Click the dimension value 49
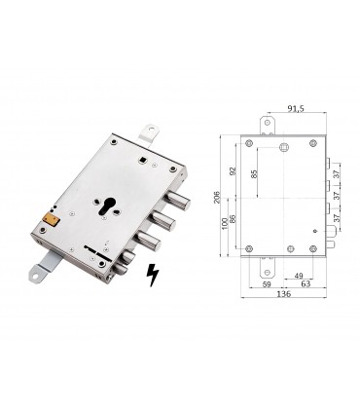[x=298, y=276]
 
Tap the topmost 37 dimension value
[x=336, y=173]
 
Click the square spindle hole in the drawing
[x=284, y=148]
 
